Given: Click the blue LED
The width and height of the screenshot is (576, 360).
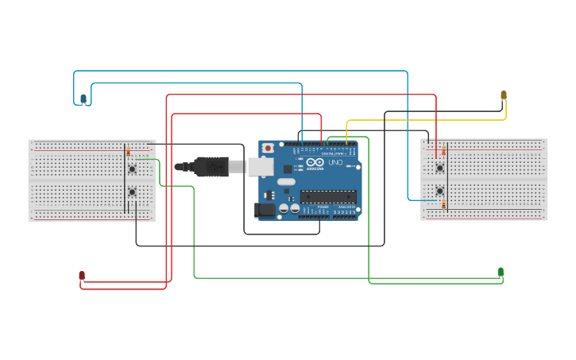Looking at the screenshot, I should pyautogui.click(x=83, y=99).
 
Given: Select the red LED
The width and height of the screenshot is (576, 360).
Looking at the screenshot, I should pyautogui.click(x=82, y=275).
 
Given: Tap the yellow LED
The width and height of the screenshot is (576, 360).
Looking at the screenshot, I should pyautogui.click(x=503, y=95).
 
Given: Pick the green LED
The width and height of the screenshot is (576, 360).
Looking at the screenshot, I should pyautogui.click(x=501, y=272).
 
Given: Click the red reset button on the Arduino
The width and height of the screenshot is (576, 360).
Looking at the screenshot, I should pyautogui.click(x=269, y=148).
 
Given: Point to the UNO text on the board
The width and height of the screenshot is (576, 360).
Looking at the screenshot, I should pyautogui.click(x=335, y=163).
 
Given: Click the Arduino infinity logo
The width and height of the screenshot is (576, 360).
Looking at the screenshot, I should pyautogui.click(x=315, y=162).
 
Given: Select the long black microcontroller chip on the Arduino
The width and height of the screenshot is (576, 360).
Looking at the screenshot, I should pyautogui.click(x=327, y=196).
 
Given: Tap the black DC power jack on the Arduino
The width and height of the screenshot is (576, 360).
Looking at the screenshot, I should pyautogui.click(x=264, y=210).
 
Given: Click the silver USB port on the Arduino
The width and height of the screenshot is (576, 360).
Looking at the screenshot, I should pyautogui.click(x=260, y=167).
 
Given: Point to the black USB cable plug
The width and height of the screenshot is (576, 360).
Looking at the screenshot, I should pyautogui.click(x=211, y=167).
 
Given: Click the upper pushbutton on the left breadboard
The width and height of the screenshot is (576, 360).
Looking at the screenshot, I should pyautogui.click(x=132, y=168).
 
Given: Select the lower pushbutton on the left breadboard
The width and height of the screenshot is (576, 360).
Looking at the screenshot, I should pyautogui.click(x=132, y=192).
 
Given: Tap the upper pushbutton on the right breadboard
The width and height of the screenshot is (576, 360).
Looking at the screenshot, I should pyautogui.click(x=439, y=167).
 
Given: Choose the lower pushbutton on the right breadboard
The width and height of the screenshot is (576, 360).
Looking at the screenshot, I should pyautogui.click(x=439, y=191).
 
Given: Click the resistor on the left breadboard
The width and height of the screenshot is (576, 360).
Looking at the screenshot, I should pyautogui.click(x=128, y=151).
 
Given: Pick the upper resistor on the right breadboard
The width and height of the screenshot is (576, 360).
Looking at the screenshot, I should pyautogui.click(x=443, y=151).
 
